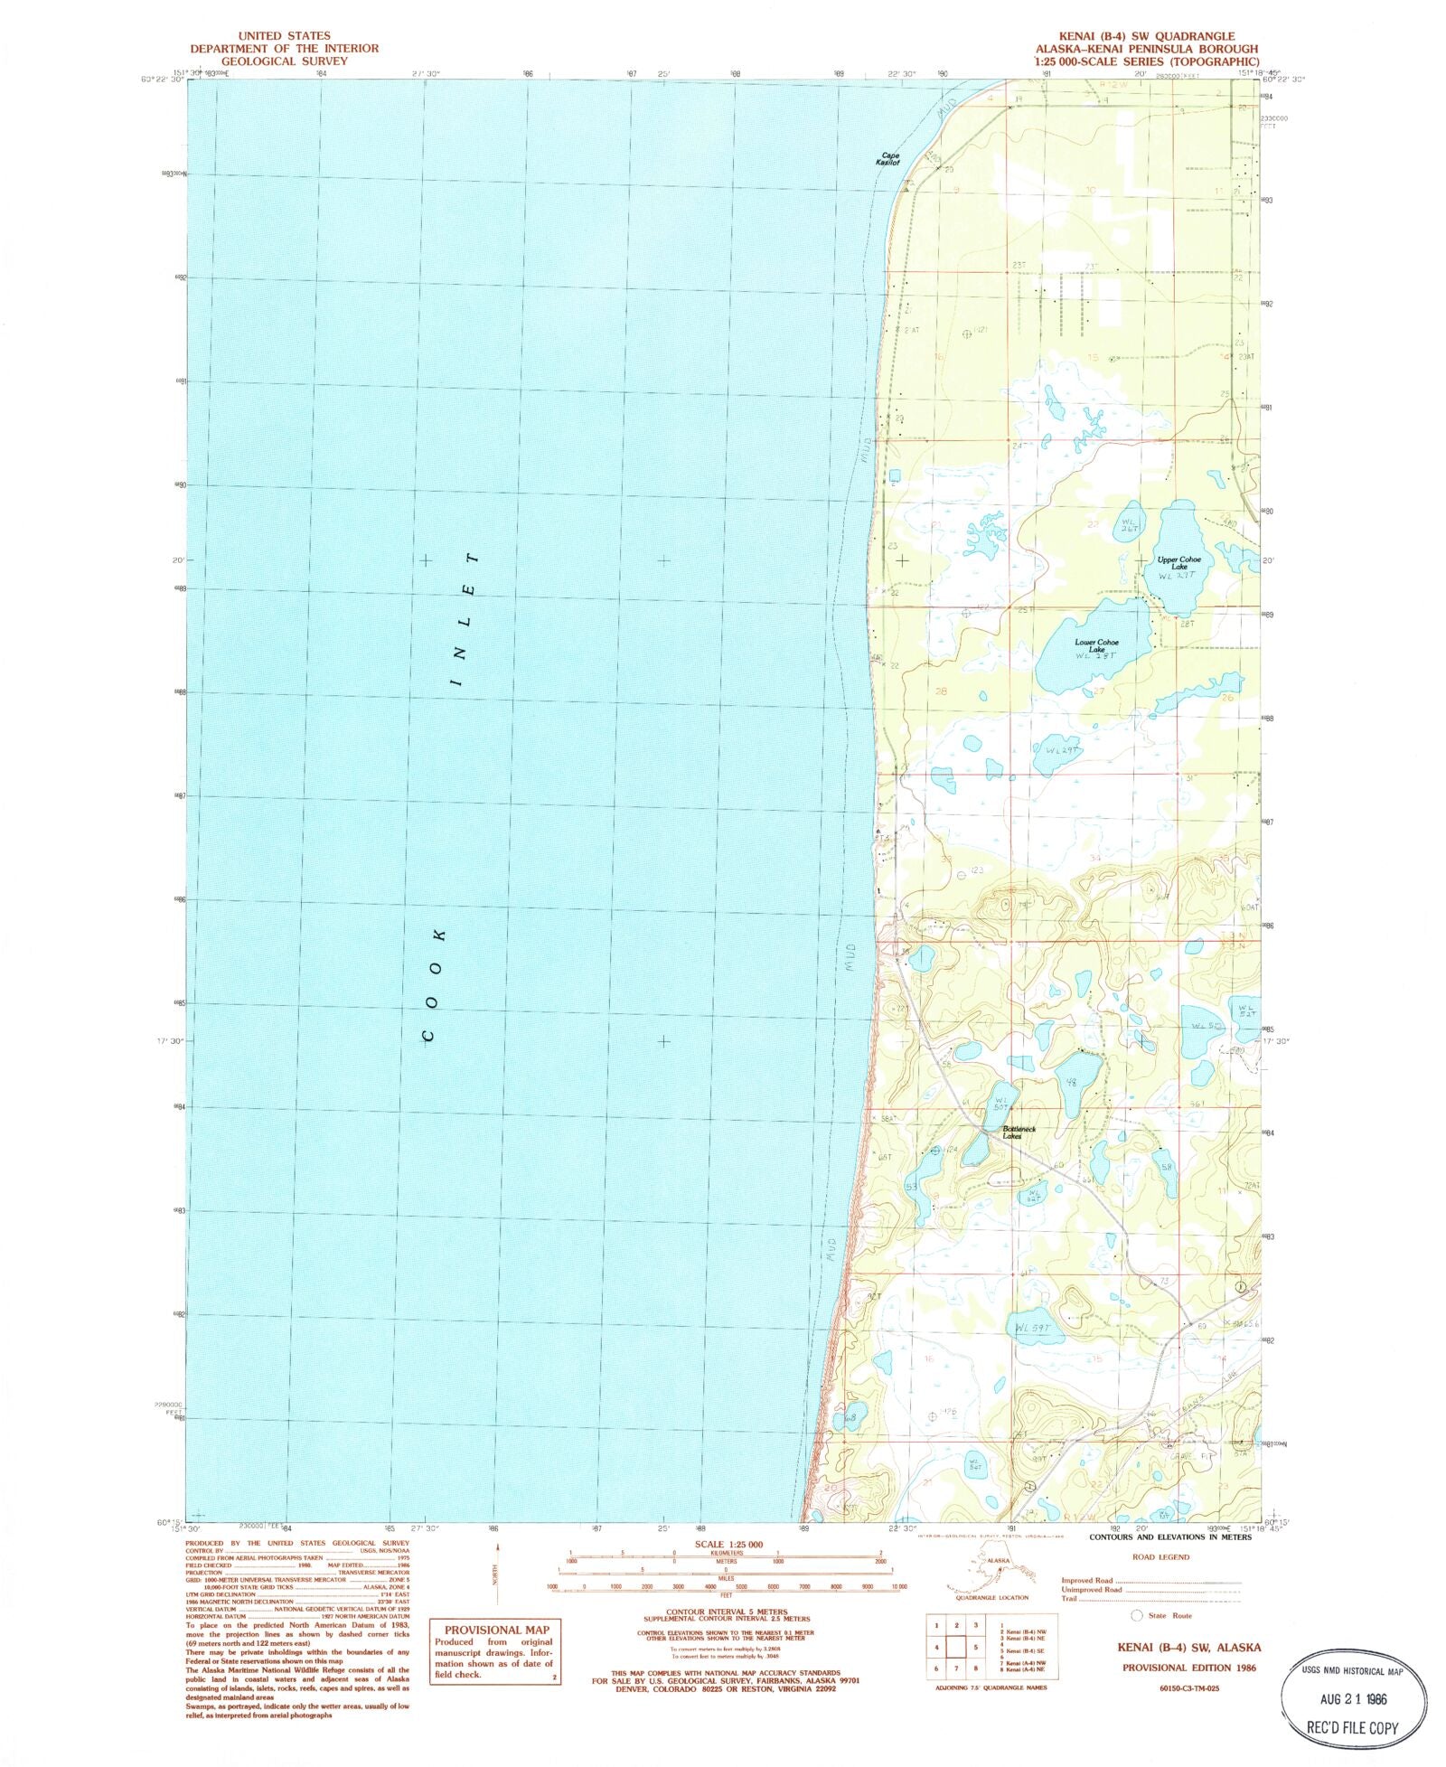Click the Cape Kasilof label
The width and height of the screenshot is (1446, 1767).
pos(889,159)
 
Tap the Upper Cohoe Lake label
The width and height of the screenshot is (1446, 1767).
pos(1179,562)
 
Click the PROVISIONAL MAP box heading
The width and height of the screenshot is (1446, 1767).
pos(496,1630)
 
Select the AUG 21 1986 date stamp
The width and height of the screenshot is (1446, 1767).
pos(1353,1698)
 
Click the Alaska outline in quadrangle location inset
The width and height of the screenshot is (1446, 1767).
pos(987,1569)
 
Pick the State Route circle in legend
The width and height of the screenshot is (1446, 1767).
pos(1137,1615)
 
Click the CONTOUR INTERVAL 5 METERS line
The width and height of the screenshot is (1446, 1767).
pos(726,1612)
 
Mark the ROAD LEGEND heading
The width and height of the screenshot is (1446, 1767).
pos(1160,1557)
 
